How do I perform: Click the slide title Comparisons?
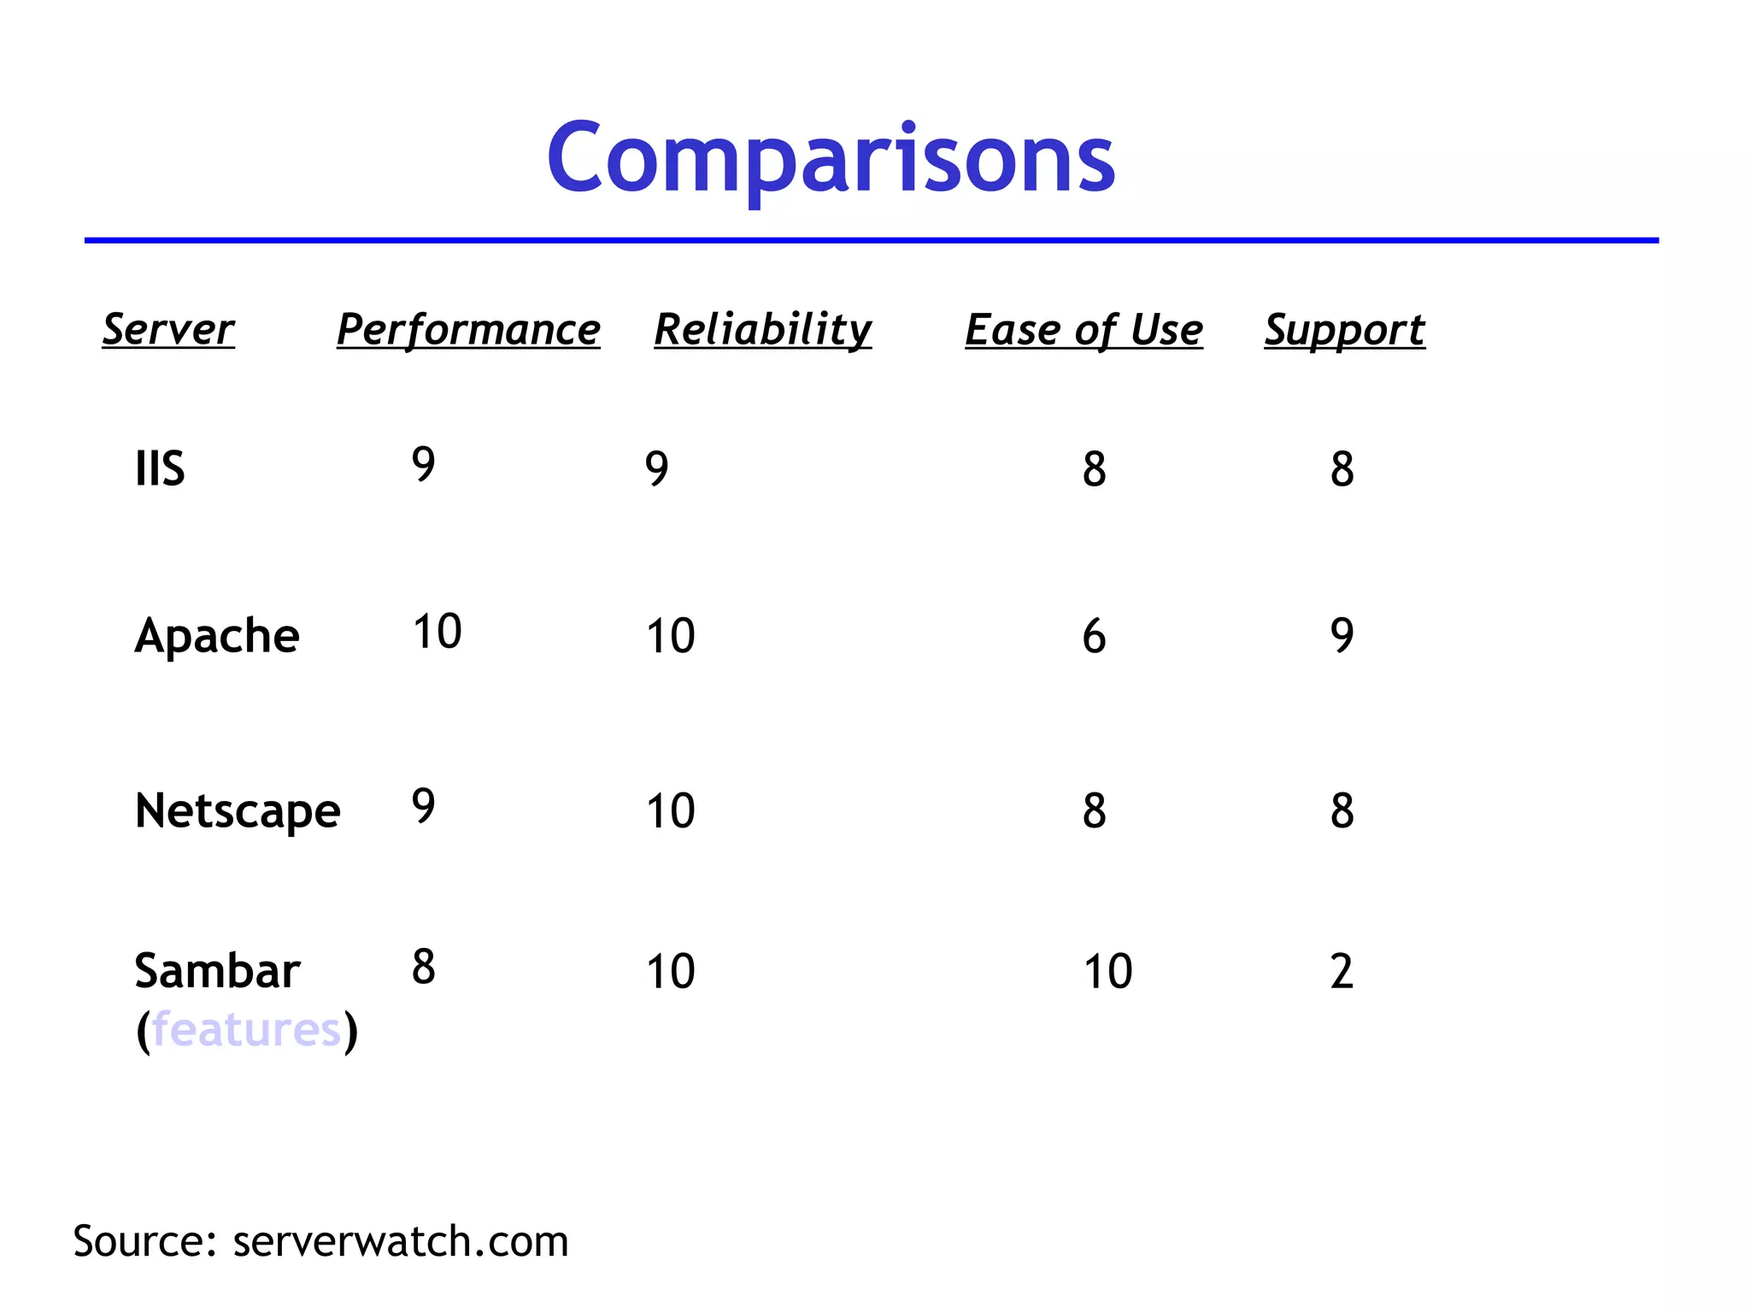click(831, 159)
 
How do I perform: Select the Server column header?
click(168, 329)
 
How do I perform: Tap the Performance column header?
click(468, 329)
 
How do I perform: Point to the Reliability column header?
click(763, 329)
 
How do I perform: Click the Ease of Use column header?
click(1083, 329)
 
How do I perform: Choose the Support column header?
click(1344, 329)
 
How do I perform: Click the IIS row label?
click(160, 468)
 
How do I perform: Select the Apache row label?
click(217, 636)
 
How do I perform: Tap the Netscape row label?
click(238, 810)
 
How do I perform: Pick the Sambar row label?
click(217, 971)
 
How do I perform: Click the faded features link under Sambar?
click(246, 1029)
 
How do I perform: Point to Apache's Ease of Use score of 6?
click(1094, 637)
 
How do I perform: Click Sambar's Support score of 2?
click(1342, 972)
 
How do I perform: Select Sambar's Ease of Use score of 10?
click(1107, 972)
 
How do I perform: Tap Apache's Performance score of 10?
click(437, 633)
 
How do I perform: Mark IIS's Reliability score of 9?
click(656, 468)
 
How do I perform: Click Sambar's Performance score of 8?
click(423, 968)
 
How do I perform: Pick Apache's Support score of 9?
click(1342, 636)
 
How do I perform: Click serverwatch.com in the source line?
click(400, 1241)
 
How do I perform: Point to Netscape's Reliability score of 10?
click(670, 811)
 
